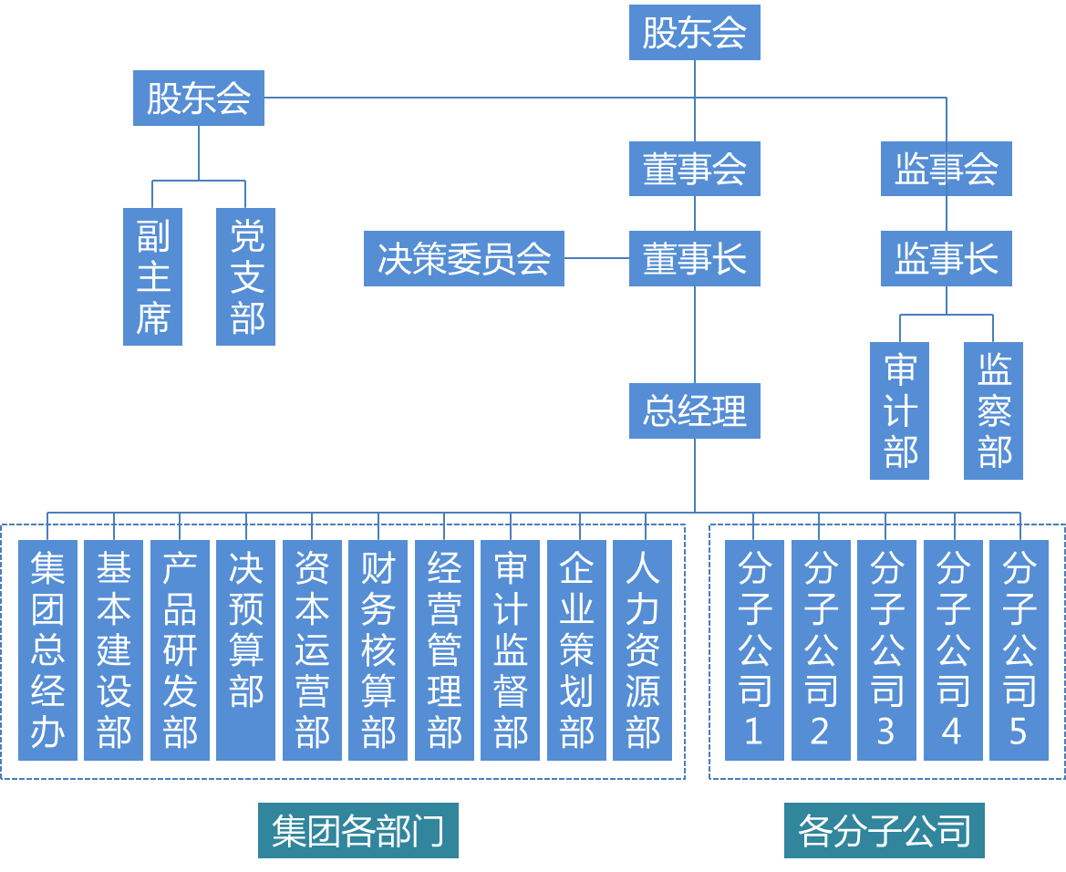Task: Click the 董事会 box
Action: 694,169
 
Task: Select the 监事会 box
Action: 946,169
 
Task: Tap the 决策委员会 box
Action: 464,259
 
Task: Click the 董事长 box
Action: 694,259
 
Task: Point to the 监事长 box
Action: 946,259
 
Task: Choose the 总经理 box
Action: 694,411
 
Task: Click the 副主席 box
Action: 153,276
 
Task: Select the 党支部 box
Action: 246,276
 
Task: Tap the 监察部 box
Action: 993,410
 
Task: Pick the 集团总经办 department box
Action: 47,649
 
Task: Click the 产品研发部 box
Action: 180,649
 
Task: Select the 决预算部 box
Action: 246,649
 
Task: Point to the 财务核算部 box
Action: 378,649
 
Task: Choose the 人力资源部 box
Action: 643,649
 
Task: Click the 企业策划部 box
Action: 576,649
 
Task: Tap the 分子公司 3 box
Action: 886,649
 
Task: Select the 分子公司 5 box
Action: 1019,649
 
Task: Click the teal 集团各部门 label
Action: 358,830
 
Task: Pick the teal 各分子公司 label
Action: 884,830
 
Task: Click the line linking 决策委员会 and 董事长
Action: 596,258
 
